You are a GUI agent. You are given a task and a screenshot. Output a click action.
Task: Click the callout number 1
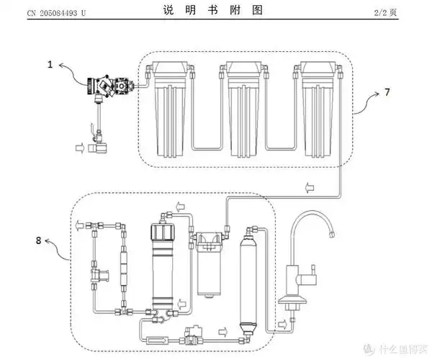[50, 65]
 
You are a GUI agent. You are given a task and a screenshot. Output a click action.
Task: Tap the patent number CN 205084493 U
[55, 10]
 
